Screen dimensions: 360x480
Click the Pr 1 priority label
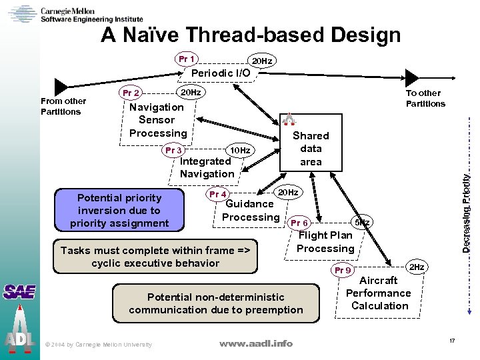click(x=187, y=59)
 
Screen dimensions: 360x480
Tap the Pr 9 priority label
click(x=343, y=270)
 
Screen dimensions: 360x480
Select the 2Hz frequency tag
click(x=417, y=267)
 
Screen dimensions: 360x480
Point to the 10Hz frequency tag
click(x=239, y=151)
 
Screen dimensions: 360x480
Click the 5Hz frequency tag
click(x=362, y=222)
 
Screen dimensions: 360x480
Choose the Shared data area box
click(x=311, y=149)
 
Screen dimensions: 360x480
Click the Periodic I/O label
click(x=221, y=73)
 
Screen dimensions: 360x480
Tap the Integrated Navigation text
click(x=207, y=167)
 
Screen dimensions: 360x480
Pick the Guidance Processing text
click(x=250, y=211)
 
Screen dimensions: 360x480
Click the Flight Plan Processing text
click(x=325, y=241)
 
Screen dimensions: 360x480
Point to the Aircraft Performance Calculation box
click(x=379, y=293)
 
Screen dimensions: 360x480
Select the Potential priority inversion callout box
click(x=119, y=210)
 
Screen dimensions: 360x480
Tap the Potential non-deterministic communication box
click(x=215, y=303)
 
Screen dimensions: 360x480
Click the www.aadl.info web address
click(x=256, y=343)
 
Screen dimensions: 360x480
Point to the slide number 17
click(x=451, y=341)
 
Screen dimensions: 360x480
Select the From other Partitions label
click(x=63, y=106)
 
